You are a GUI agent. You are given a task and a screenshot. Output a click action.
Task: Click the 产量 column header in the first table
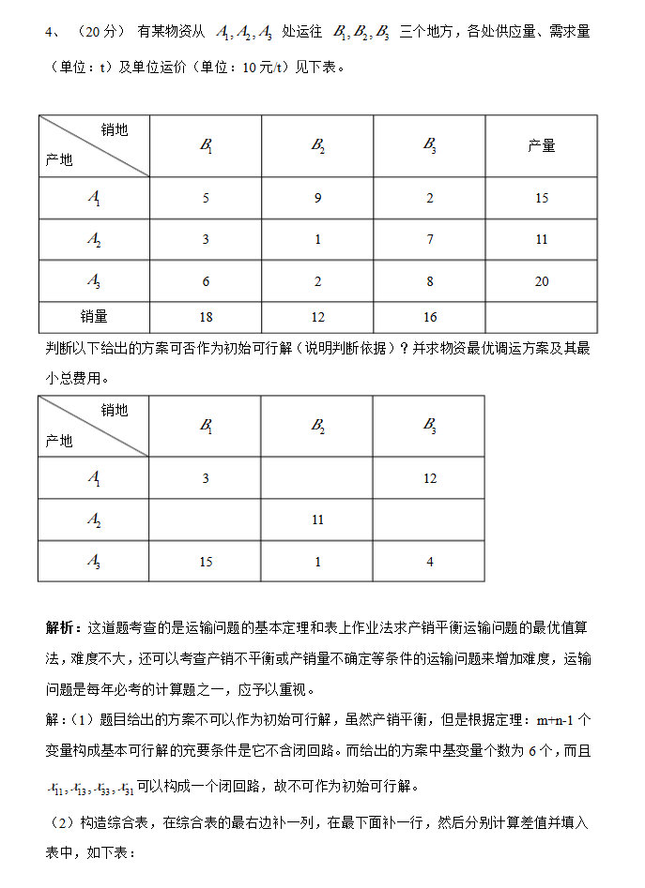tap(542, 146)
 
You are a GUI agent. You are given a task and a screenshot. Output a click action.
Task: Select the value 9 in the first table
tap(317, 198)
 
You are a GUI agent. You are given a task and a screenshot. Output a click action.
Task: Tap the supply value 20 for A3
tap(542, 281)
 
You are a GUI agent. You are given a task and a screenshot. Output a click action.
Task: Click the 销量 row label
tap(94, 317)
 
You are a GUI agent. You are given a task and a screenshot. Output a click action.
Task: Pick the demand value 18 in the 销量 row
tap(206, 317)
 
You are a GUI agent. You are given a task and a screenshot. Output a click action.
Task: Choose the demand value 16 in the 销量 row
tap(430, 317)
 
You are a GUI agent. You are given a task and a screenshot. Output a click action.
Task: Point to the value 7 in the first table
tap(430, 239)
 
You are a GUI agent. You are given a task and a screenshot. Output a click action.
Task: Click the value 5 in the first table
tap(206, 198)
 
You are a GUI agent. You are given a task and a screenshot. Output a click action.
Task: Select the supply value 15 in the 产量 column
tap(542, 198)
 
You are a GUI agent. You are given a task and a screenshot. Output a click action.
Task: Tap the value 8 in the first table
tap(430, 281)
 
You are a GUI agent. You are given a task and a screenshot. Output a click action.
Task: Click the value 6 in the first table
tap(206, 281)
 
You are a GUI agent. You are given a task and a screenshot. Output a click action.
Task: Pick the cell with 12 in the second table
tap(430, 478)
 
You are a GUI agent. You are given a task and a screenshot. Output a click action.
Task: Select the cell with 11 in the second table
tap(317, 519)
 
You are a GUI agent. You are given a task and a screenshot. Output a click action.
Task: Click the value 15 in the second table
tap(206, 562)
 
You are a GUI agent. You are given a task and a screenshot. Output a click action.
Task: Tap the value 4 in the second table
tap(430, 562)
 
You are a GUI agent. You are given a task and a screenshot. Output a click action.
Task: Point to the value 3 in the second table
tap(206, 478)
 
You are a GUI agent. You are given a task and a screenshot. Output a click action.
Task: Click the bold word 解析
tap(63, 626)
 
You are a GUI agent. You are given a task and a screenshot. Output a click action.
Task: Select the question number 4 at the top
tap(49, 32)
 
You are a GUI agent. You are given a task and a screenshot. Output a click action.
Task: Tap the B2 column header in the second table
tap(317, 426)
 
